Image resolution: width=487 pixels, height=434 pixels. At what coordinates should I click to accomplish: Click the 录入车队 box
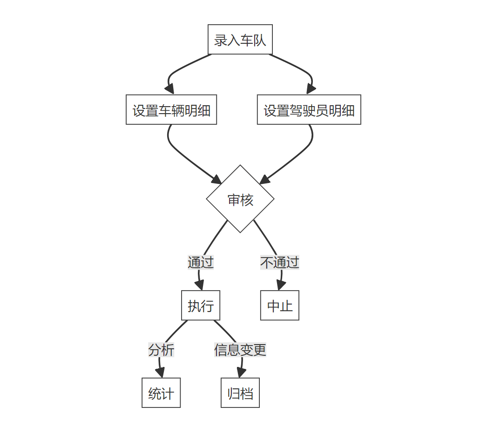pyautogui.click(x=240, y=40)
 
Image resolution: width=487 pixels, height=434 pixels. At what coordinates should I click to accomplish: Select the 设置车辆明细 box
pyautogui.click(x=171, y=110)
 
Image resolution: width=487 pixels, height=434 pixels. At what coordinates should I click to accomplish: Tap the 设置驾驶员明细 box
pyautogui.click(x=309, y=110)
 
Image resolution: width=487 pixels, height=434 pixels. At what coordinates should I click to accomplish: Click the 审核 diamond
pyautogui.click(x=240, y=199)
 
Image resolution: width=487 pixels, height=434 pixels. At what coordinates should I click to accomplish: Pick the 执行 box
pyautogui.click(x=200, y=305)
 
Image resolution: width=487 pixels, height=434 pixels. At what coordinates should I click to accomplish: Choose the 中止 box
pyautogui.click(x=279, y=305)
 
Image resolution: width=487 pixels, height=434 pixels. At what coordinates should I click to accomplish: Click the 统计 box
pyautogui.click(x=161, y=393)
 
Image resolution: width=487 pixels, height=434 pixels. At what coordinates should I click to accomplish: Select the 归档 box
pyautogui.click(x=240, y=393)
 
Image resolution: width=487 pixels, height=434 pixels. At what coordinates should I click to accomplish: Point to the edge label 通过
pyautogui.click(x=200, y=262)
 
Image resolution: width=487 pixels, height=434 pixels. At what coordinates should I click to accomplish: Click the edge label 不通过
pyautogui.click(x=279, y=262)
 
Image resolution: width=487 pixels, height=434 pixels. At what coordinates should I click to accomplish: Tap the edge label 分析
pyautogui.click(x=161, y=349)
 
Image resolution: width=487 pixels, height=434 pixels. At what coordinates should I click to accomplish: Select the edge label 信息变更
pyautogui.click(x=240, y=349)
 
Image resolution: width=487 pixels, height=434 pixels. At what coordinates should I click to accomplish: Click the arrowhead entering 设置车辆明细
pyautogui.click(x=169, y=89)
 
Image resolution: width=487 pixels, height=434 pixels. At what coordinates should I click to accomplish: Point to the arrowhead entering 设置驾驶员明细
pyautogui.click(x=311, y=89)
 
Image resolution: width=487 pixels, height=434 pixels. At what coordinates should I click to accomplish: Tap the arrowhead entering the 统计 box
pyautogui.click(x=161, y=373)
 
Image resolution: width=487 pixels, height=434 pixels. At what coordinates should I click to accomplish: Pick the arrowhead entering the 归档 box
pyautogui.click(x=241, y=373)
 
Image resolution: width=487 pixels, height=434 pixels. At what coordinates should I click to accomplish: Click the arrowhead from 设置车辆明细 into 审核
pyautogui.click(x=217, y=180)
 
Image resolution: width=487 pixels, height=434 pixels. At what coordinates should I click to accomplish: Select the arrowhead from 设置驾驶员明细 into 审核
pyautogui.click(x=264, y=180)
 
